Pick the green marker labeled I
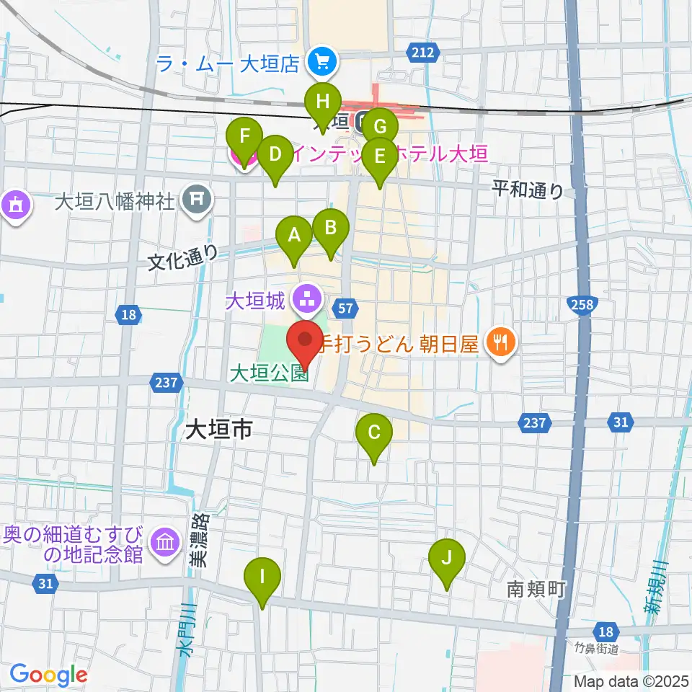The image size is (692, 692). click(x=262, y=578)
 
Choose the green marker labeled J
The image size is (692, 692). click(x=446, y=559)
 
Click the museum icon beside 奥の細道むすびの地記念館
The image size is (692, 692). click(x=164, y=544)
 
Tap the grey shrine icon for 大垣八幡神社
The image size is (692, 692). click(x=197, y=198)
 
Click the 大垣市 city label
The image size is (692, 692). click(x=218, y=430)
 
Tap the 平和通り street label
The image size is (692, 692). click(x=528, y=190)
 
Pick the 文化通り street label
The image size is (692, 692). click(x=183, y=257)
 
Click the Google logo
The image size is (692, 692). click(x=48, y=675)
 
